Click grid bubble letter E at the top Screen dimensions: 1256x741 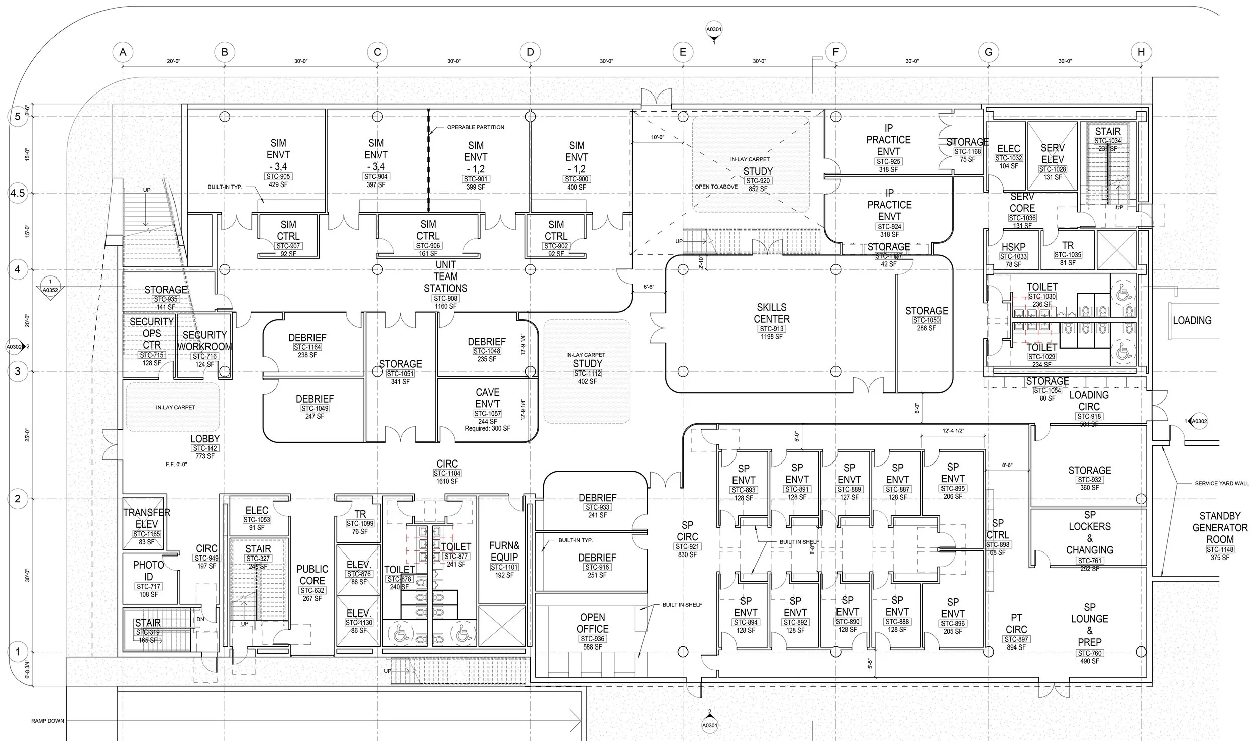coord(682,52)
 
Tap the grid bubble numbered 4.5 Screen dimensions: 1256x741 coord(18,193)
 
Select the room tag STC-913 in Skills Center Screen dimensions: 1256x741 coord(771,329)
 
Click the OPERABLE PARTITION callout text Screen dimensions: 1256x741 coord(475,127)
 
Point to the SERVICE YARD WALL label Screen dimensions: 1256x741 coord(1221,483)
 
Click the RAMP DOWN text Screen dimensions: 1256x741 coord(48,721)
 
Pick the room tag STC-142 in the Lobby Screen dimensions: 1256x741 coord(204,448)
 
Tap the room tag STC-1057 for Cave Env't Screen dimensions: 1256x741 coord(487,414)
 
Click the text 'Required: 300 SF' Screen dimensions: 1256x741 coord(487,428)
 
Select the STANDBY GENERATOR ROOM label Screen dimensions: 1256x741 coord(1220,527)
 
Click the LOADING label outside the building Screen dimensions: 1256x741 coord(1192,320)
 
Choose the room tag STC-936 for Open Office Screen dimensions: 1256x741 coord(592,639)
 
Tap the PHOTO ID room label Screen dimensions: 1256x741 coord(148,571)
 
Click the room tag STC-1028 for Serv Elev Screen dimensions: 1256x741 coord(1052,169)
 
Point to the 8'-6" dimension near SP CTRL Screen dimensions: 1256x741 coord(1006,465)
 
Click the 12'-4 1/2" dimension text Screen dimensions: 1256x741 coord(953,431)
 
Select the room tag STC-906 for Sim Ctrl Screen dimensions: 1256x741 coord(428,246)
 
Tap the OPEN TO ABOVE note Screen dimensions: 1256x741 coord(716,187)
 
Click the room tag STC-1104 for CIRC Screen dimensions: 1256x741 coord(447,473)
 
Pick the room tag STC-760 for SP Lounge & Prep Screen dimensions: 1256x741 coord(1089,653)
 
